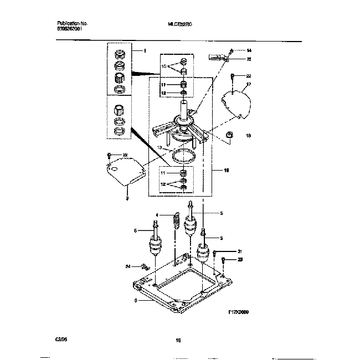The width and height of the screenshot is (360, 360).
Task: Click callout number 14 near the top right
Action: tap(249, 50)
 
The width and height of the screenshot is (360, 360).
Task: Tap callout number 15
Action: tap(249, 58)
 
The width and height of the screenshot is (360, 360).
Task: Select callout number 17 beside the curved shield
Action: tap(249, 84)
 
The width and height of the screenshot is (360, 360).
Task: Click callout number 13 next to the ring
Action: tap(160, 148)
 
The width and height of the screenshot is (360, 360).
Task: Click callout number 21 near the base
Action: tap(240, 251)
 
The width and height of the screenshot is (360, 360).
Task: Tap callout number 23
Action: tap(240, 259)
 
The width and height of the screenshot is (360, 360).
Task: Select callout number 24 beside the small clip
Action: tap(128, 267)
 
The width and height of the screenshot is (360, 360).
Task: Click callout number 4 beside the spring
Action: tap(157, 215)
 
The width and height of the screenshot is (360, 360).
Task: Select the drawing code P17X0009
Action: tap(238, 312)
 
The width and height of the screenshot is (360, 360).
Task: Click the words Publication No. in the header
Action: tap(73, 24)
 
